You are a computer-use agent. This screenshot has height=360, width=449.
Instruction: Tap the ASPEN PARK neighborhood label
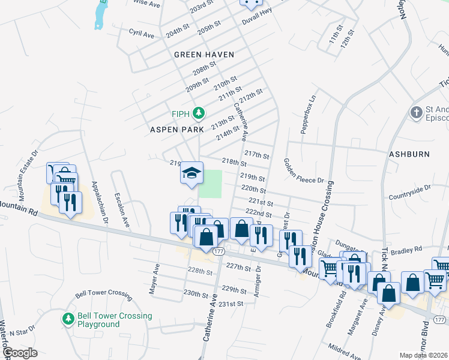pyautogui.click(x=173, y=129)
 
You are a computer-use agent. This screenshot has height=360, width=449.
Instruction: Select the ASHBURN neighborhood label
pyautogui.click(x=409, y=154)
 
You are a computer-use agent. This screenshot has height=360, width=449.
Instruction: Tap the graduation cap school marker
pyautogui.click(x=191, y=173)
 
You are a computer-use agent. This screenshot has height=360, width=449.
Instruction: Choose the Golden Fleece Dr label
pyautogui.click(x=304, y=171)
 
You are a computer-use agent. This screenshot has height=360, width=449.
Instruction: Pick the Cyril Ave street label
pyautogui.click(x=142, y=35)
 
